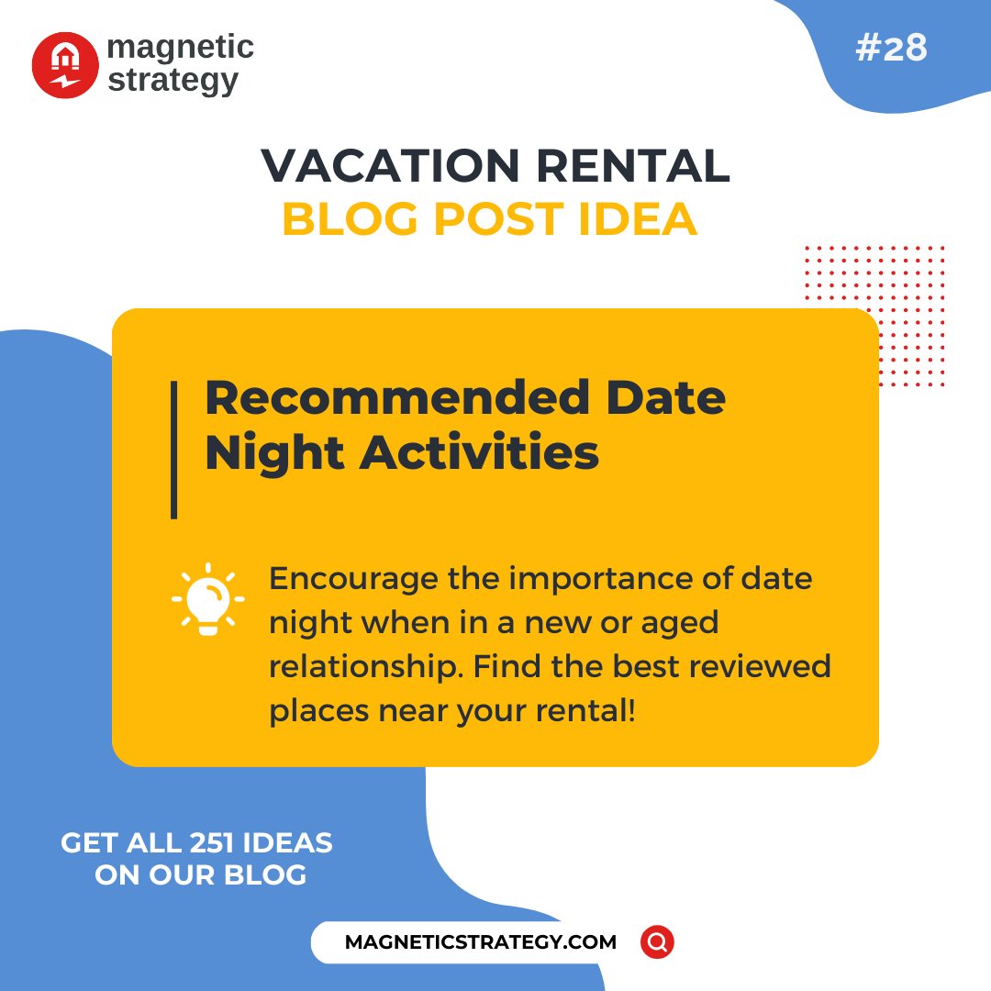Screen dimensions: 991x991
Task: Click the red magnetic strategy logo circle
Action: click(64, 65)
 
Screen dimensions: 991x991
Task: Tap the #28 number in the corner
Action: click(890, 49)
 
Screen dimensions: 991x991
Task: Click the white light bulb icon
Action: click(208, 599)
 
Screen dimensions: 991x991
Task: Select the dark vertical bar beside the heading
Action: click(173, 451)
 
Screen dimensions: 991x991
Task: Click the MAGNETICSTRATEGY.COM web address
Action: click(481, 942)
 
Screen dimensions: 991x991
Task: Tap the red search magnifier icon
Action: click(657, 942)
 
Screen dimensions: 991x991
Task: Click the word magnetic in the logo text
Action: click(180, 47)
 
